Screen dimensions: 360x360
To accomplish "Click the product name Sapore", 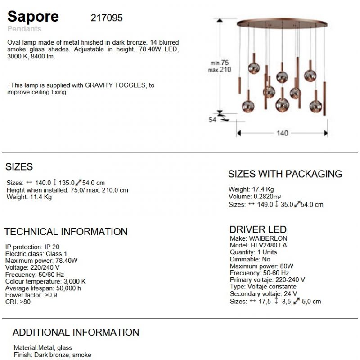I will (x=33, y=17).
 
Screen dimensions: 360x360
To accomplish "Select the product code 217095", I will (x=107, y=18).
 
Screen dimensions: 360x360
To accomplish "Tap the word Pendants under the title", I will (x=24, y=29).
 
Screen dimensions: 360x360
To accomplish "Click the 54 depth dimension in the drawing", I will (x=212, y=120).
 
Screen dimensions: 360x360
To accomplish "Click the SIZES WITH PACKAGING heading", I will (x=285, y=174).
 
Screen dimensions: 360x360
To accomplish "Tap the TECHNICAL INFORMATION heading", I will (x=66, y=232).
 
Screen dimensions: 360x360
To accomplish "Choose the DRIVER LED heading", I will (x=258, y=229).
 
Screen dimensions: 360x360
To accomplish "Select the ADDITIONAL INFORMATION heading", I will (x=76, y=333).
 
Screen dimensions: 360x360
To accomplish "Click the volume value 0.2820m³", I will (x=267, y=197).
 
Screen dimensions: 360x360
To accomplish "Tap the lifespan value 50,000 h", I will (x=68, y=288).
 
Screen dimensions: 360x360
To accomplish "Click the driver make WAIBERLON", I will (x=268, y=238).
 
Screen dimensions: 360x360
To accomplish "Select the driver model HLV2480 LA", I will (x=268, y=245).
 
